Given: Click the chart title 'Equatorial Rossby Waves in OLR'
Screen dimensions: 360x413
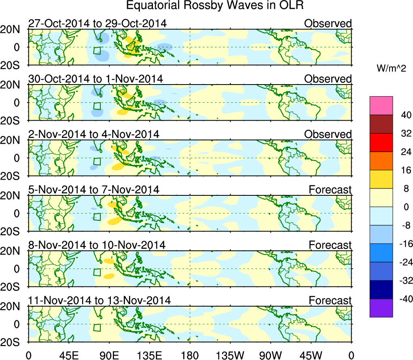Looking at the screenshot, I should click(x=215, y=6).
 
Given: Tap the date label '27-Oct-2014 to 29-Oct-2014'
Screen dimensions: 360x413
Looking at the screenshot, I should click(x=97, y=23).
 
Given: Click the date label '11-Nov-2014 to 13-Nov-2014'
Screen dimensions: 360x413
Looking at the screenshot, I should click(x=100, y=301).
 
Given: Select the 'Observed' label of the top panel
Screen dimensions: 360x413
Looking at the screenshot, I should click(x=328, y=23).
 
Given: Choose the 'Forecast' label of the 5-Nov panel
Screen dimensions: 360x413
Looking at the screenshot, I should click(x=330, y=190).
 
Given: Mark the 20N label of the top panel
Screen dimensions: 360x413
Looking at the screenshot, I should click(x=14, y=30).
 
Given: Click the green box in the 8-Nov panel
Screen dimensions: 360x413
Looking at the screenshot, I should click(x=97, y=272).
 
